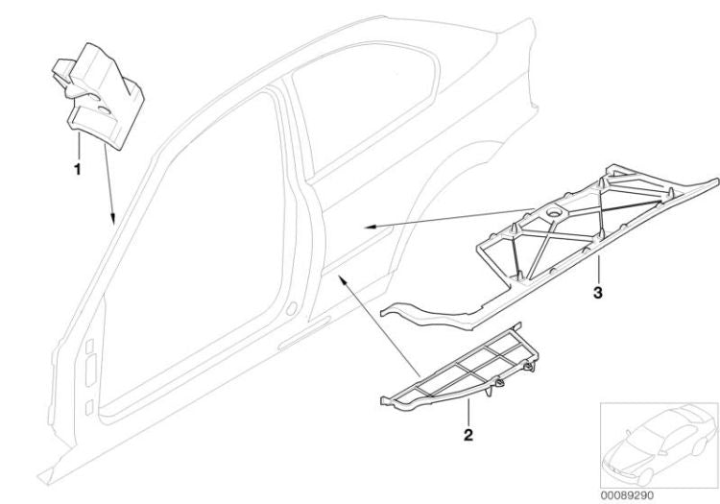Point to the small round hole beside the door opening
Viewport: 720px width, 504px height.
(x=289, y=309)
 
